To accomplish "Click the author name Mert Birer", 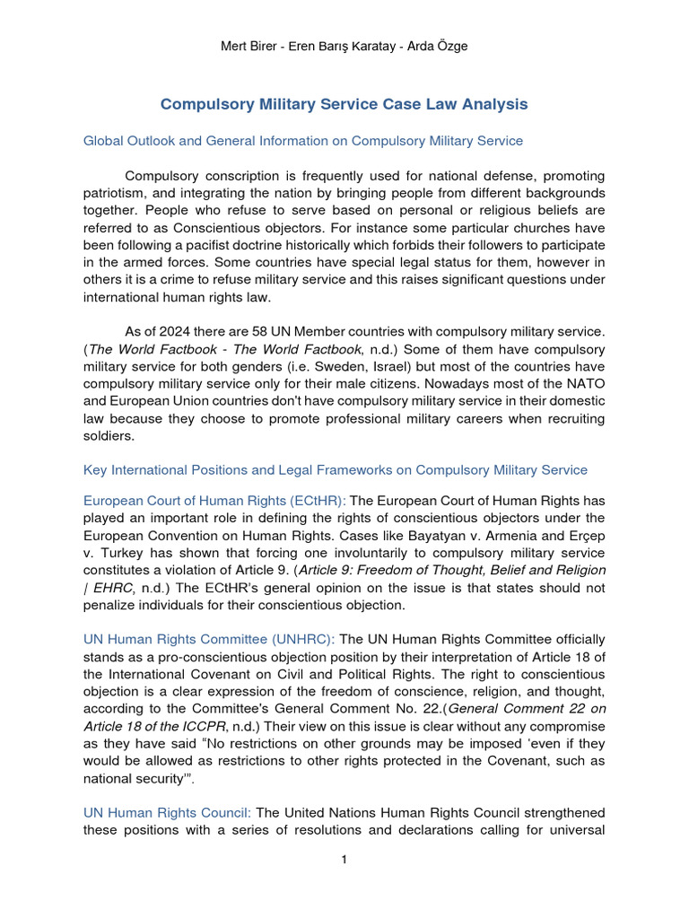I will (252, 47).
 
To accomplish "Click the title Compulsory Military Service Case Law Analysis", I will (344, 105).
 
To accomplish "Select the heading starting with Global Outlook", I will (303, 141).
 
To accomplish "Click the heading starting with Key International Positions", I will (336, 470).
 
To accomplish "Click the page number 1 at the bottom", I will (344, 860).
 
